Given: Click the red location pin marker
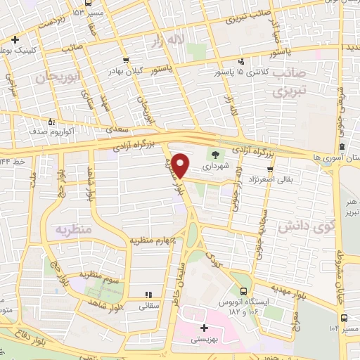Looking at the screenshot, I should (181, 165).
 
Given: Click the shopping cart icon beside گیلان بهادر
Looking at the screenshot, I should (126, 60).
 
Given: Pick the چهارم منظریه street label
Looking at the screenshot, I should (150, 240).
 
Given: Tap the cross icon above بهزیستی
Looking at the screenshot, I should (205, 328).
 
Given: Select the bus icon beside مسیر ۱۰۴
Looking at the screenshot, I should (342, 326).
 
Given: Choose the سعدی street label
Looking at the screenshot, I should (117, 130).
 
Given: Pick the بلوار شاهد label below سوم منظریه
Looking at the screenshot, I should (105, 303).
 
